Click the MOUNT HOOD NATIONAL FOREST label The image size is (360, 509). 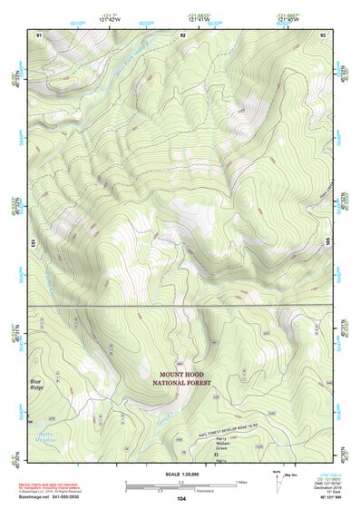point(185,379)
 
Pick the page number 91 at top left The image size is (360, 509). point(39,34)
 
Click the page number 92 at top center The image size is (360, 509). point(182,34)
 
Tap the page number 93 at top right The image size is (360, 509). point(323,34)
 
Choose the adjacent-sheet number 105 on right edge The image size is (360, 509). point(328,243)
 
